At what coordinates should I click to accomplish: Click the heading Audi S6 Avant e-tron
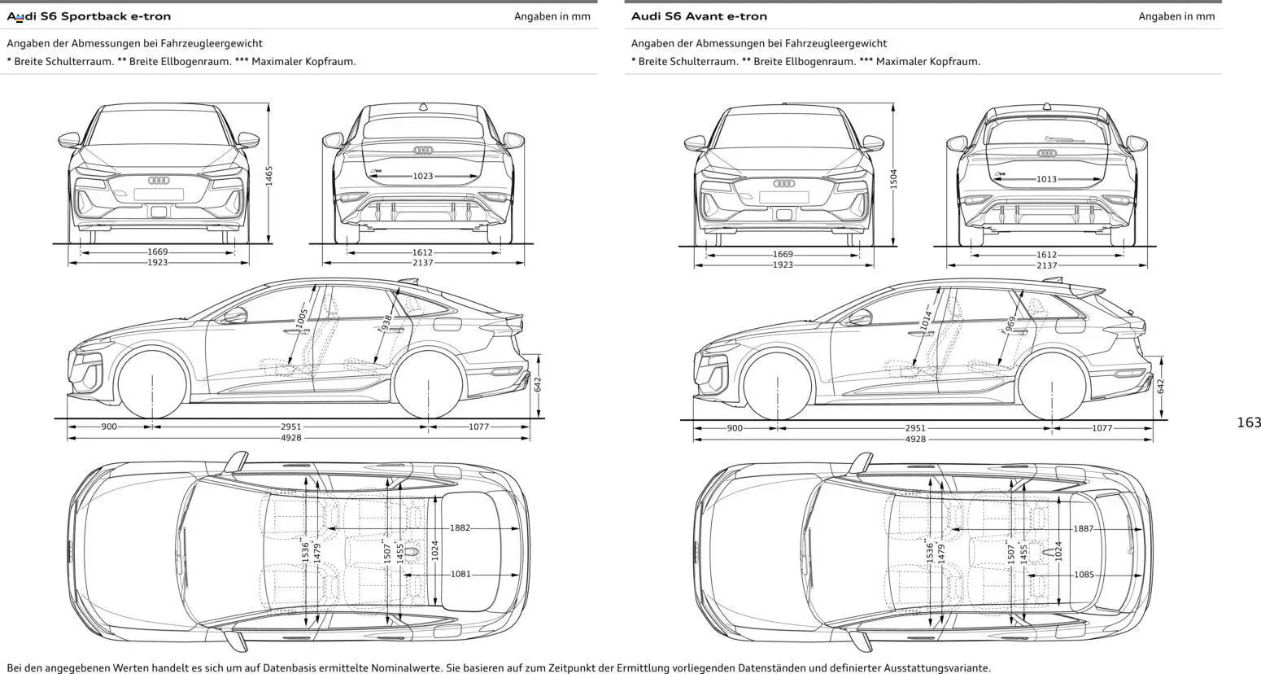(699, 16)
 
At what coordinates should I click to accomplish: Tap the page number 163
(1248, 422)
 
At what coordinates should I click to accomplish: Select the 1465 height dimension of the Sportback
(269, 176)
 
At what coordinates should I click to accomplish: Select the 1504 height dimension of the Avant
(893, 179)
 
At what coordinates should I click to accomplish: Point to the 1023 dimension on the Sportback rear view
(423, 176)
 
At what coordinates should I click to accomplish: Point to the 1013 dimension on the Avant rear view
(1047, 179)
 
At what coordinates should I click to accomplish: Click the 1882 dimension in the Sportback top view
(460, 528)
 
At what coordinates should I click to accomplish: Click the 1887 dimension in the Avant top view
(1084, 529)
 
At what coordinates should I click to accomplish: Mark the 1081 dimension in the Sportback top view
(460, 574)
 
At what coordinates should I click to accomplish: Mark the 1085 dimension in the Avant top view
(1084, 575)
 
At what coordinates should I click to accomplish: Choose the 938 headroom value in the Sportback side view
(387, 323)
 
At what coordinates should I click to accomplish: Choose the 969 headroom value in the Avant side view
(1010, 325)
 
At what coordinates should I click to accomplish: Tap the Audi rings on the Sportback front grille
(158, 180)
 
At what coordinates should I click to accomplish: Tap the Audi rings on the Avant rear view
(1047, 153)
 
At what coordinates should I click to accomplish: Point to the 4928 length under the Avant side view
(915, 440)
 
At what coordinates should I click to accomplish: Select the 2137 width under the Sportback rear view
(423, 263)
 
